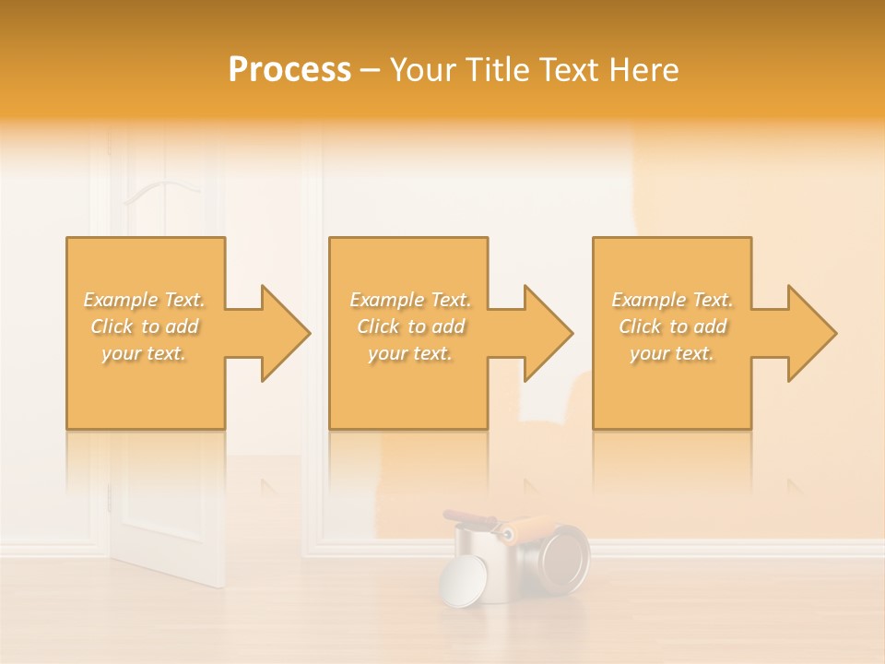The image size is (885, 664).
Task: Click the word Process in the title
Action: tap(289, 70)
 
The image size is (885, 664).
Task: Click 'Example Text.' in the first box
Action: tap(145, 300)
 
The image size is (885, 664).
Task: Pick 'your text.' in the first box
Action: tap(145, 353)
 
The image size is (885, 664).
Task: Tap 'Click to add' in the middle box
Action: tap(410, 326)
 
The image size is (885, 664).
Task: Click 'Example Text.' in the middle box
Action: tap(410, 300)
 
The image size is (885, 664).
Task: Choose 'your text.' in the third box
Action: tap(672, 353)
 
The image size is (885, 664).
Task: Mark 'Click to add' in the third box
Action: tap(672, 326)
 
